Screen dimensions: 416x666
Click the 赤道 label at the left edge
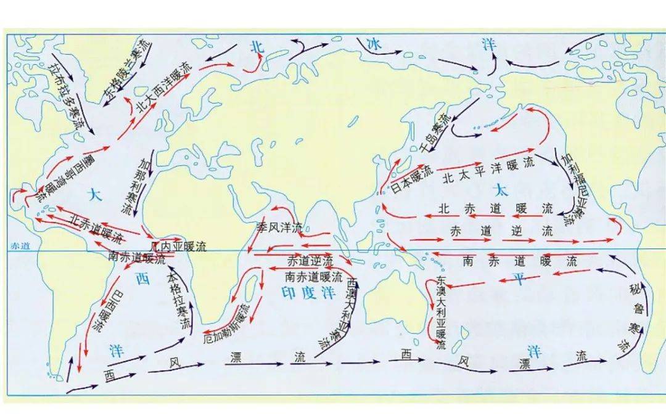point(20,245)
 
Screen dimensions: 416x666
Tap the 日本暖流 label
point(413,179)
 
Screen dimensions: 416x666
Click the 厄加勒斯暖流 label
point(228,324)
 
